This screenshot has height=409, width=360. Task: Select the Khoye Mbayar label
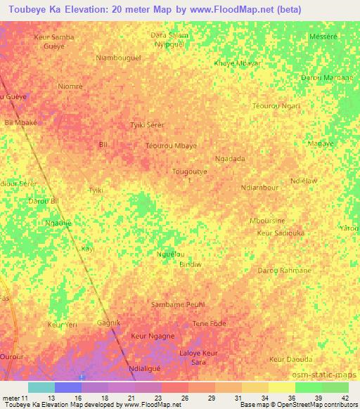[237, 63]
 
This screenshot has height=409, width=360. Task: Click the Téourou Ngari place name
[276, 106]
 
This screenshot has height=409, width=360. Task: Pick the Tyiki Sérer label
[148, 125]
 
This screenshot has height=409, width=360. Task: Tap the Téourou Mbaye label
[171, 145]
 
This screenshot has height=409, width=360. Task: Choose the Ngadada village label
[230, 159]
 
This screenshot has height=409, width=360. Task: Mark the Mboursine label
[267, 221]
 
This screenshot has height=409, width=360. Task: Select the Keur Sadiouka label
[281, 232]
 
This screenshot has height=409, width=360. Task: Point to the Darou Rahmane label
[284, 271]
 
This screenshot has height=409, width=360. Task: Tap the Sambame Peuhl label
[177, 305]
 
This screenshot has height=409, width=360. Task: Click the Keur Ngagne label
[153, 337]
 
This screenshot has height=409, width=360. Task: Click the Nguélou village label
[170, 254]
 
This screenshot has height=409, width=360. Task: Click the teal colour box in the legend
[41, 387]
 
